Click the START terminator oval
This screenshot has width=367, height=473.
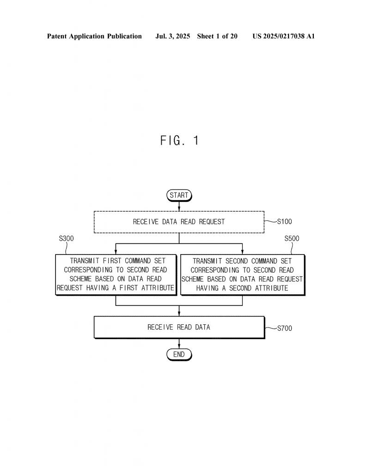pos(179,195)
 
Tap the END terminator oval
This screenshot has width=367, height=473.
pos(179,354)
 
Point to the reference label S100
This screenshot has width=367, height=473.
pos(284,222)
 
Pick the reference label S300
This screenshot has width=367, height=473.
pos(67,239)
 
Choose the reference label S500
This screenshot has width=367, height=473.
pos(292,239)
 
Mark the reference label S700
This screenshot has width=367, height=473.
pos(285,328)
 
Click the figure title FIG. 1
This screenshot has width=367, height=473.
pos(180,140)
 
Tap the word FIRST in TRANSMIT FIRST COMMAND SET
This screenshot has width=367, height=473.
pos(112,261)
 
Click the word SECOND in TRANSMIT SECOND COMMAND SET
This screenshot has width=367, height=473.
pos(237,261)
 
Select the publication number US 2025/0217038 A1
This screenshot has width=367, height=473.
pos(284,36)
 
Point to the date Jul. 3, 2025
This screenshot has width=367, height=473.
pos(172,36)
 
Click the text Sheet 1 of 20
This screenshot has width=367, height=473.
pos(217,36)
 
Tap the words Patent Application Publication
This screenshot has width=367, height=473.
pos(94,36)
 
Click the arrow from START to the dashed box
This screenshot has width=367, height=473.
pos(179,206)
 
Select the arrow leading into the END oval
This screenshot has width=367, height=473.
pos(179,344)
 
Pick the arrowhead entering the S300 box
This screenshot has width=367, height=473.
pos(116,252)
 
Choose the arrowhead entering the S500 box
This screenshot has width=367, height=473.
pos(242,252)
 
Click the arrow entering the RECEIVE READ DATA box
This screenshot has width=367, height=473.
pos(179,311)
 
